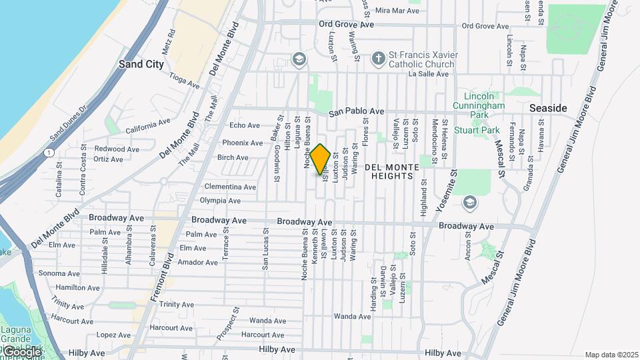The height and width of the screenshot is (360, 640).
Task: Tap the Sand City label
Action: pos(141,65)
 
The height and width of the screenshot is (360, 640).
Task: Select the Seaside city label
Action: pos(548,108)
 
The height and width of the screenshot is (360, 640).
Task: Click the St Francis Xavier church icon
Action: pos(378,58)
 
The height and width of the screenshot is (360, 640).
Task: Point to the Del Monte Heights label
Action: pos(391,171)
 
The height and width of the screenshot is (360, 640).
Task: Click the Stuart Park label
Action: pos(477,131)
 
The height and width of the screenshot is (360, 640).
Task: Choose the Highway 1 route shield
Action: pos(50,153)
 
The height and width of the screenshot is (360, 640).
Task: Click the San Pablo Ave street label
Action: pos(356,111)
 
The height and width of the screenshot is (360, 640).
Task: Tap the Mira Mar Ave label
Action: pos(397,11)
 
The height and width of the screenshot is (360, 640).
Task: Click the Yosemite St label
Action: pos(446,190)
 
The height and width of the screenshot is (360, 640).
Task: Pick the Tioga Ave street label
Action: pos(185,81)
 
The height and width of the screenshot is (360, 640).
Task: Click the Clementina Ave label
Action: pos(230,187)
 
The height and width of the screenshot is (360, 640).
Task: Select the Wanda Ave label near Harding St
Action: pos(352,316)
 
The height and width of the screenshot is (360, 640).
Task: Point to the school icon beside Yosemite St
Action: pos(469,201)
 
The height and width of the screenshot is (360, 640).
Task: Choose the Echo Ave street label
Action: pos(244,125)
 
